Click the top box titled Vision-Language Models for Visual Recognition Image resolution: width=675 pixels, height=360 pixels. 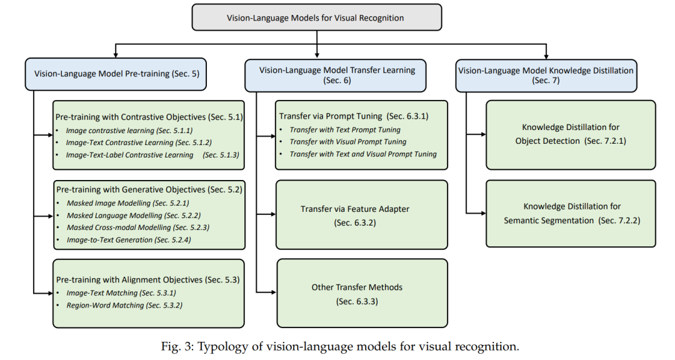point(316,17)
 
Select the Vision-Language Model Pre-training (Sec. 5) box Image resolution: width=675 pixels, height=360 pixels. point(117,73)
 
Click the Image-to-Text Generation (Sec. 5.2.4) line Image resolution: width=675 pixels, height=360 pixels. point(127,239)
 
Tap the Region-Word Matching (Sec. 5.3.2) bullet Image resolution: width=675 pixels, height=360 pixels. point(124,305)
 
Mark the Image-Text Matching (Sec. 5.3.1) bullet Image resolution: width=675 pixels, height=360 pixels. point(121,292)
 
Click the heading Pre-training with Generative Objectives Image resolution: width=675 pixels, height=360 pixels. point(149,189)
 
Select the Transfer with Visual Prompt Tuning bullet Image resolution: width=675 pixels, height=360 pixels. point(348,142)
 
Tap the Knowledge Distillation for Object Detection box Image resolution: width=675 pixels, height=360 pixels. point(570,134)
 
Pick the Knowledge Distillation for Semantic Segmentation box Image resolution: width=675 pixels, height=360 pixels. point(570,212)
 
